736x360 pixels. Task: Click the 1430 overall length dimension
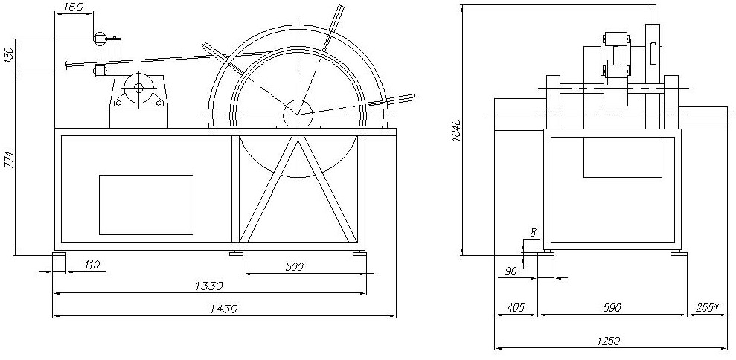[223, 309]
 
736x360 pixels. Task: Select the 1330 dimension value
[208, 286]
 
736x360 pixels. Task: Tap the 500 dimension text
[294, 266]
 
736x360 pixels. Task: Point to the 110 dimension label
[91, 266]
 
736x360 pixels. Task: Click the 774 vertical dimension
[9, 161]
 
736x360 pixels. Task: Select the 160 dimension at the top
[72, 7]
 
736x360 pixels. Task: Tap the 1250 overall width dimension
[609, 341]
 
